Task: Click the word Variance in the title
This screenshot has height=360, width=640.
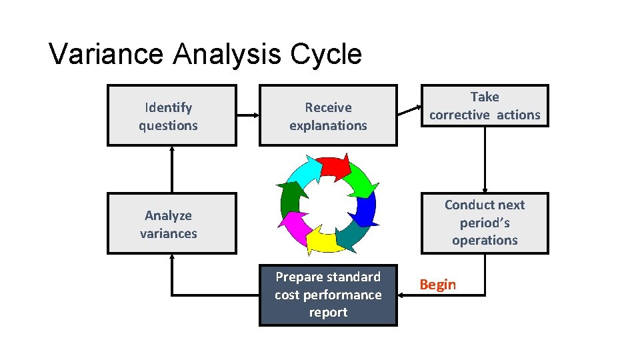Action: click(x=107, y=54)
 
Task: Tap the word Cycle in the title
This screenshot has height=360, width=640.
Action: click(x=326, y=54)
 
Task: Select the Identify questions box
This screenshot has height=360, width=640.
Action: click(x=171, y=116)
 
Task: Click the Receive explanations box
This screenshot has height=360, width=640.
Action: click(x=328, y=116)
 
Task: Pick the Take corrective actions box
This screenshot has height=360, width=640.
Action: click(x=485, y=106)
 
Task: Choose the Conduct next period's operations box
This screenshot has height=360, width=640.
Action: click(x=485, y=223)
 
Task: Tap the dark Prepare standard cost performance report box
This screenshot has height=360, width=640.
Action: click(x=328, y=295)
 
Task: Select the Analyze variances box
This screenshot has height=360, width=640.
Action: click(x=171, y=224)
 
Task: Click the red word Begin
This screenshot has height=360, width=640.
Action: click(x=438, y=285)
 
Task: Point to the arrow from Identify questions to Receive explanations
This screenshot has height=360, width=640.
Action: click(x=247, y=116)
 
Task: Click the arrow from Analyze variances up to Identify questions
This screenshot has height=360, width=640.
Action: click(x=172, y=169)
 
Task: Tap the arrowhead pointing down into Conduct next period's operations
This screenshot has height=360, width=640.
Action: click(x=485, y=189)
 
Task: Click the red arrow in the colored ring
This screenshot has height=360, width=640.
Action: click(x=333, y=167)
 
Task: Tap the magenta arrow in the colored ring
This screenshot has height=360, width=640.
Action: click(x=294, y=227)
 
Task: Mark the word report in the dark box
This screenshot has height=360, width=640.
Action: click(x=328, y=313)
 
